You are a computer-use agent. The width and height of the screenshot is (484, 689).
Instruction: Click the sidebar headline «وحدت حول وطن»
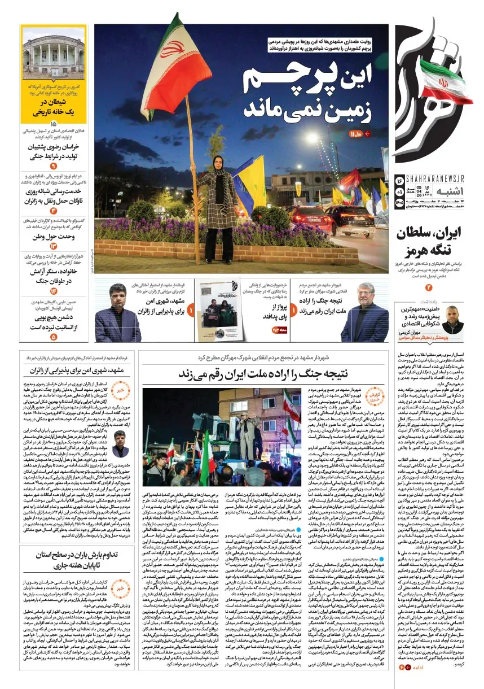(54, 236)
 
